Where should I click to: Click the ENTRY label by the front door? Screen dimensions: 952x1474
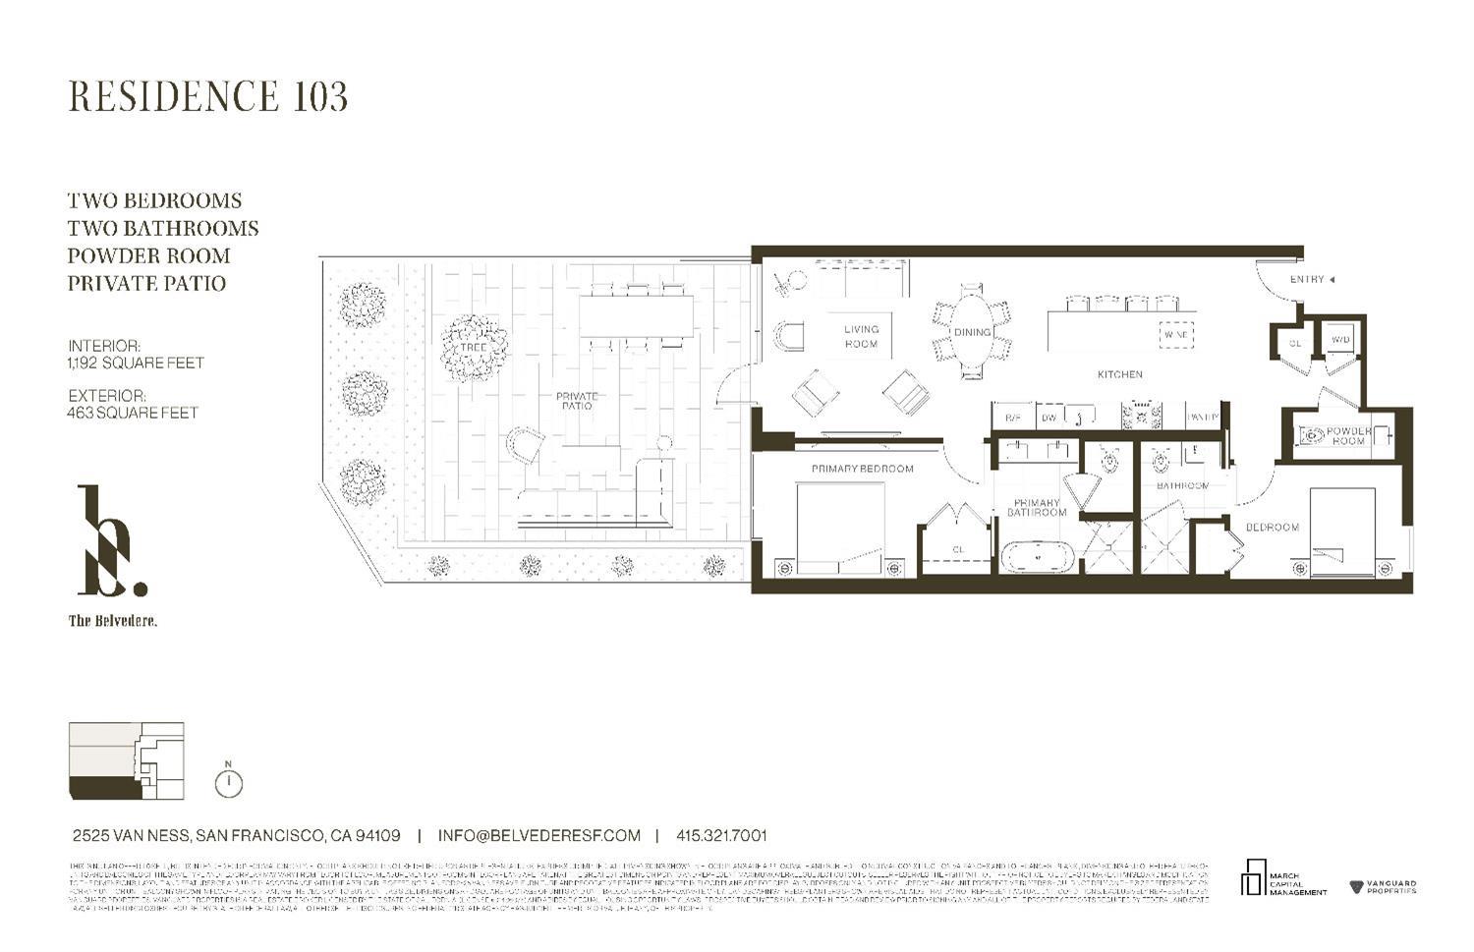pos(1307,280)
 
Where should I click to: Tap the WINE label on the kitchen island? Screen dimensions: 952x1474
pos(1176,335)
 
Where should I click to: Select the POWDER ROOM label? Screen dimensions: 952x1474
pos(1349,436)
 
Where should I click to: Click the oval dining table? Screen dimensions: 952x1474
pos(972,331)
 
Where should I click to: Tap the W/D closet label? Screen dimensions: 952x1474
pos(1340,341)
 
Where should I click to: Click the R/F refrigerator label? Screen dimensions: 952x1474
pos(1012,418)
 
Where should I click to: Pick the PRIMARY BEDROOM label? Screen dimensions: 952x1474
pos(862,469)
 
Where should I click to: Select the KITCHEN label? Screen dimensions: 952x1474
pos(1120,374)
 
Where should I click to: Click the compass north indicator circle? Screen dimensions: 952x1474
pos(228,783)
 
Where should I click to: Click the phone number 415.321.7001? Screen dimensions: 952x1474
pos(721,836)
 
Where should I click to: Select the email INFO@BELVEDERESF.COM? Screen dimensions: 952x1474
pos(539,836)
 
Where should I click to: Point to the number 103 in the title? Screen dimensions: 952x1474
pos(320,96)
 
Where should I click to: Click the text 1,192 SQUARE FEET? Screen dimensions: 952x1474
pos(136,363)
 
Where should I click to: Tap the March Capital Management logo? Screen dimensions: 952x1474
pos(1283,878)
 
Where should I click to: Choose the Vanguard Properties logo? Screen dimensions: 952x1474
pos(1384,887)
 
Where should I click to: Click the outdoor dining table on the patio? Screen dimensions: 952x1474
pos(636,315)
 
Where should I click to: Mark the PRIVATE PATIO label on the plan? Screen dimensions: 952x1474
pos(577,401)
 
